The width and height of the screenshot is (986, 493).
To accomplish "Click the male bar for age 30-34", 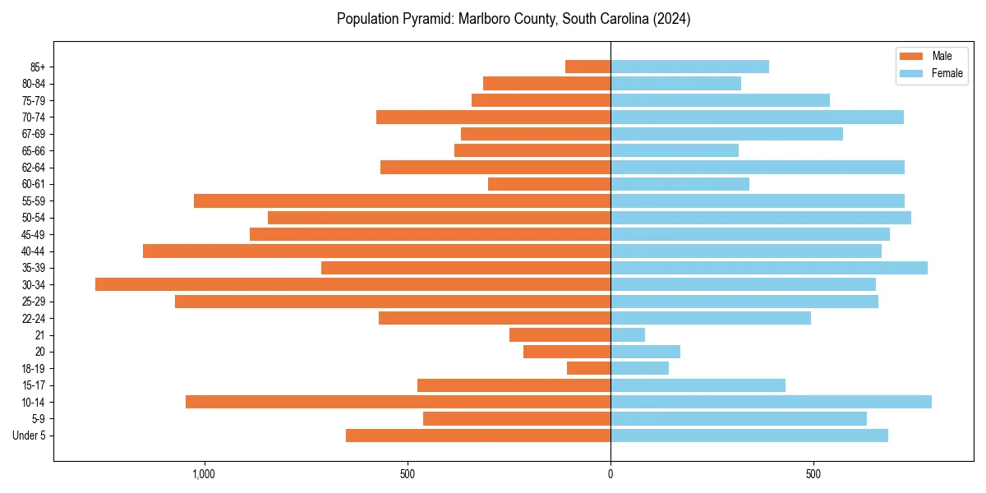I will pyautogui.click(x=352, y=284).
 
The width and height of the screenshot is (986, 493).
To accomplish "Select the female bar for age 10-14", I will pyautogui.click(x=771, y=402).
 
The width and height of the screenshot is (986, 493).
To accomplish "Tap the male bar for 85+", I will pyautogui.click(x=587, y=67).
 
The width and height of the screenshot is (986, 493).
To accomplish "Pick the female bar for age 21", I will pyautogui.click(x=628, y=335).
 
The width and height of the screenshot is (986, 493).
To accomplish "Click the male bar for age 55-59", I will pyautogui.click(x=402, y=200).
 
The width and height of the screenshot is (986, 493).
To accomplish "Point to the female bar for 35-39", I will pyautogui.click(x=768, y=268).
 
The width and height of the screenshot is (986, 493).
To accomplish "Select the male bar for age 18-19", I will pyautogui.click(x=588, y=368).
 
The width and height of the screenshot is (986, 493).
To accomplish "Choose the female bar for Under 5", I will pyautogui.click(x=749, y=435).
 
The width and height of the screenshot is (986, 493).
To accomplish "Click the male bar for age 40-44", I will pyautogui.click(x=376, y=251).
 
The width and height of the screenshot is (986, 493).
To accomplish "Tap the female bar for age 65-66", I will pyautogui.click(x=674, y=150).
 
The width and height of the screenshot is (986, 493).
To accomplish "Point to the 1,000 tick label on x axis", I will pyautogui.click(x=204, y=474).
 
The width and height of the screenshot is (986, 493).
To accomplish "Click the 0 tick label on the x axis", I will pyautogui.click(x=610, y=474).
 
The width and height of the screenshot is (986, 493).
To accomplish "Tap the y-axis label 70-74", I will pyautogui.click(x=34, y=117).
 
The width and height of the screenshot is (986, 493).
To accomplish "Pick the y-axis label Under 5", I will pyautogui.click(x=30, y=435).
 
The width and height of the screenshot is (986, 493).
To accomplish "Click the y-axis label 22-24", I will pyautogui.click(x=34, y=318).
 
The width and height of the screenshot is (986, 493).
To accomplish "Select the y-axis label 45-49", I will pyautogui.click(x=34, y=234).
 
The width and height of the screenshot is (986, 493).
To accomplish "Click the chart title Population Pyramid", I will pyautogui.click(x=514, y=19).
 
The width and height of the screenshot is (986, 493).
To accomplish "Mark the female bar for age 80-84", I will pyautogui.click(x=675, y=83).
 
